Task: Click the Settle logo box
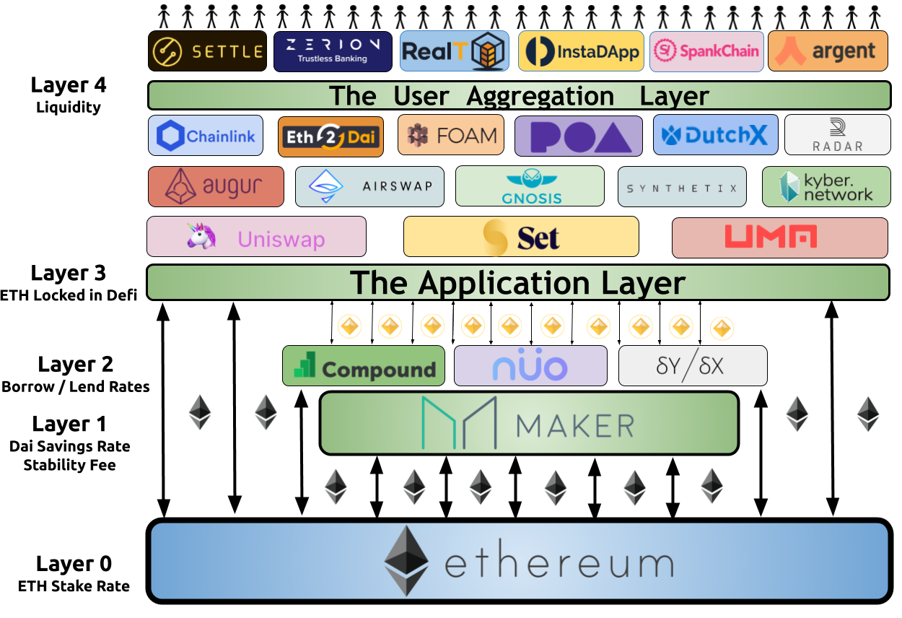pos(207,51)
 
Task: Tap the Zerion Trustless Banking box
pos(333,51)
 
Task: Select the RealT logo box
pos(454,51)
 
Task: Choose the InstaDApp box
pos(581,51)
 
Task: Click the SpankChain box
pos(706,51)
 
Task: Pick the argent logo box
pos(828,51)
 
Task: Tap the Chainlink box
pos(206,136)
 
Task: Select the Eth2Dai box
pos(330,136)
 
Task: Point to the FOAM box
pos(451,135)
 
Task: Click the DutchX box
pos(715,135)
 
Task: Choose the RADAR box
pos(837,135)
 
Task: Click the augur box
pos(216,187)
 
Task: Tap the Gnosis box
pos(530,186)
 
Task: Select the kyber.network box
pos(826,187)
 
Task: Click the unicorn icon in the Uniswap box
pos(201,236)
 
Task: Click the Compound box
pos(363,366)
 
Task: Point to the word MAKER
pos(575,425)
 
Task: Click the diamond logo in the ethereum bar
pos(406,560)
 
